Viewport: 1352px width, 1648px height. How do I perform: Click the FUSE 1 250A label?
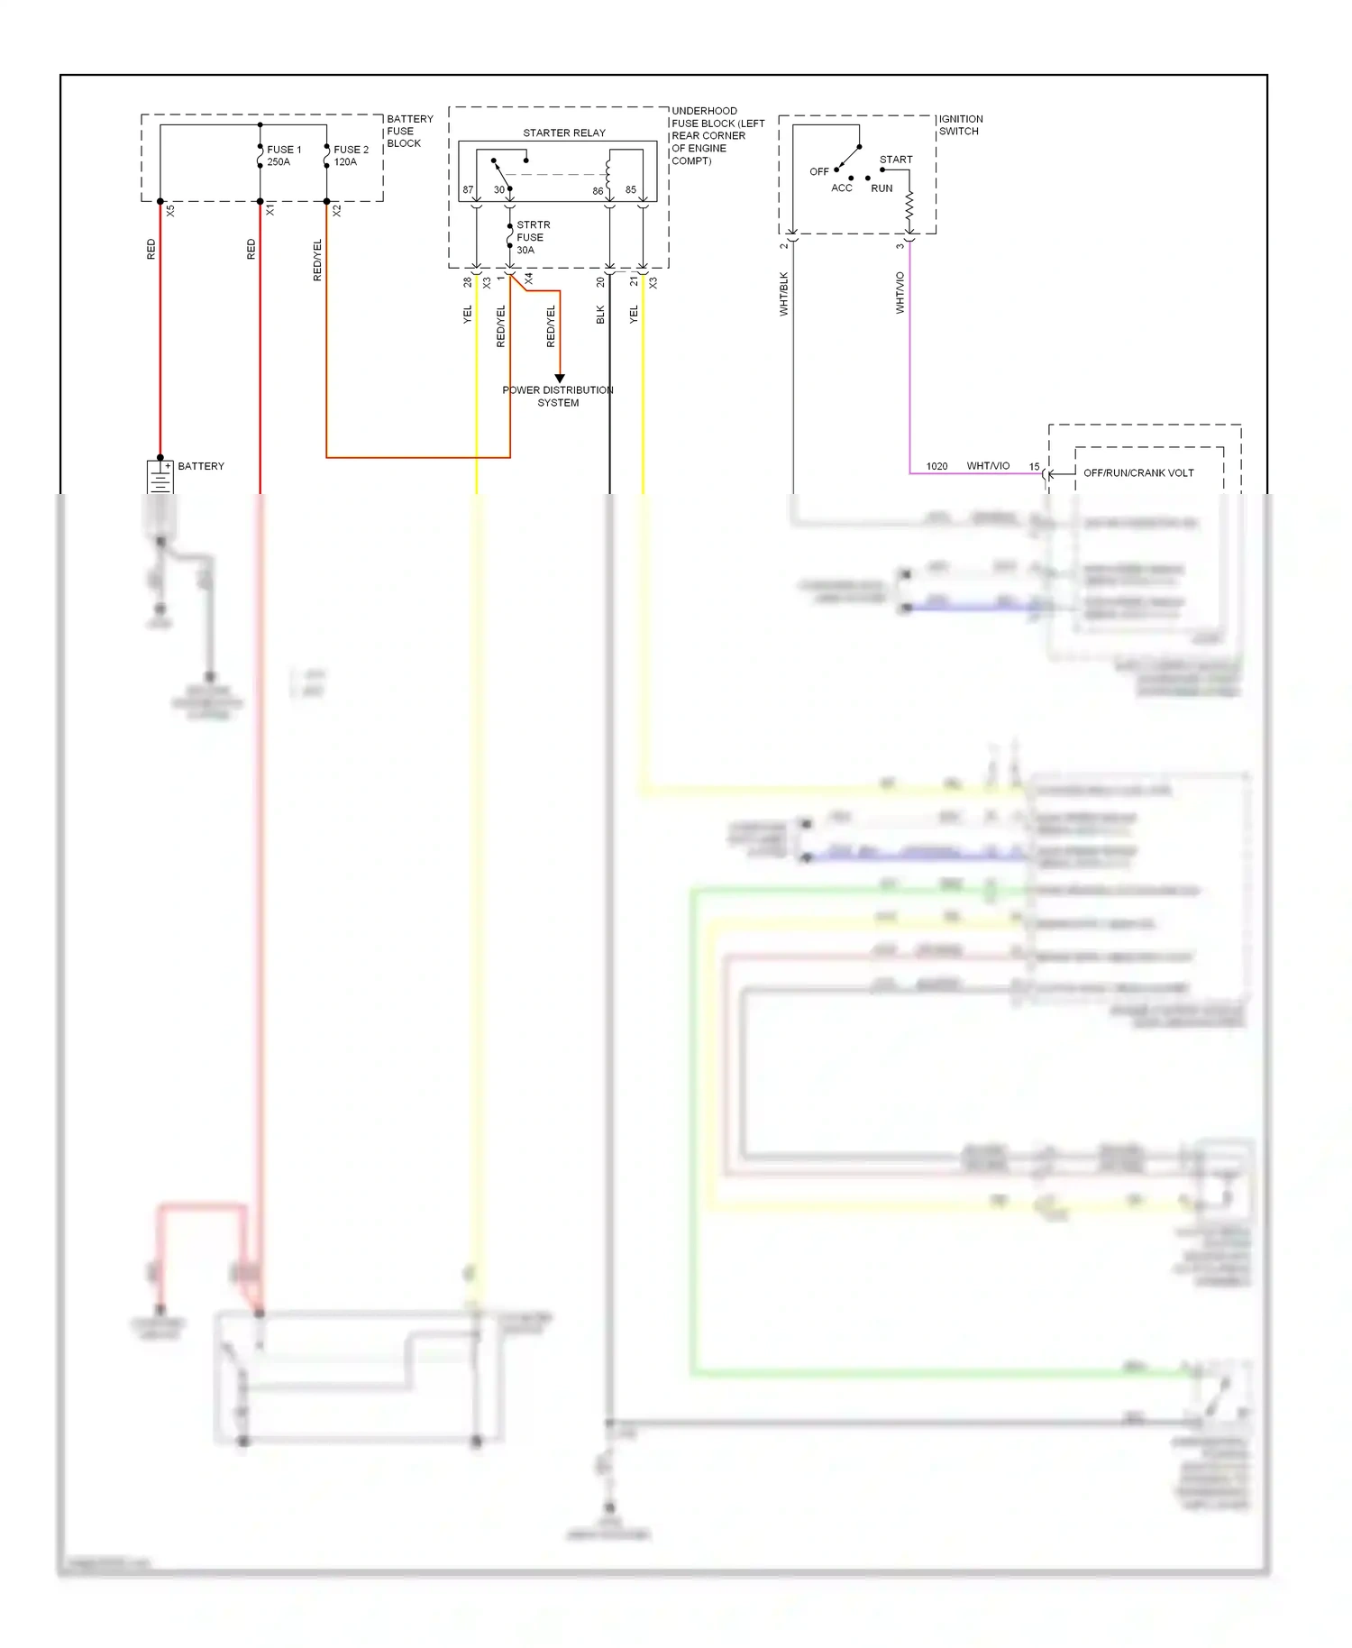point(283,156)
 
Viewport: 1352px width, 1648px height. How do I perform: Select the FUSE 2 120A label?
point(351,156)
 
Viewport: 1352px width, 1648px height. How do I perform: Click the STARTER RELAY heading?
point(564,133)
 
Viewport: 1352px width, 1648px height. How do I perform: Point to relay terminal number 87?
point(468,190)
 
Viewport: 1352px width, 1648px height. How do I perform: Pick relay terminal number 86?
point(598,191)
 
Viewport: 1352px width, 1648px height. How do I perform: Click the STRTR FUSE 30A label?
point(532,237)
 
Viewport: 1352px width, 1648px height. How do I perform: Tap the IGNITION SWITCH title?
point(960,124)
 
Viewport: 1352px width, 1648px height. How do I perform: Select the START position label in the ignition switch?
point(896,160)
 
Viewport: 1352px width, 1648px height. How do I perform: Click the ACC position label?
point(841,188)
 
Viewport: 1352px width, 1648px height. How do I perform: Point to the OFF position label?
point(818,171)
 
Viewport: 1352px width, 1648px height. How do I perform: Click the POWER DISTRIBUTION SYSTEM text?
point(558,396)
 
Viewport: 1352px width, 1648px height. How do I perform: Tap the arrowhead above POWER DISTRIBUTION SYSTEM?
point(559,378)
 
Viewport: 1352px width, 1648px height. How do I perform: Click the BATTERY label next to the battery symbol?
point(201,466)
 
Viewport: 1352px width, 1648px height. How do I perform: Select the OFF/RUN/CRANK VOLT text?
point(1137,472)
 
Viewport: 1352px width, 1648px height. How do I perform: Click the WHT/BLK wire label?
point(783,294)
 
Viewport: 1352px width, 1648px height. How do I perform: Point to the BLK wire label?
point(600,315)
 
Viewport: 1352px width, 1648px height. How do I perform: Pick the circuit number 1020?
point(936,466)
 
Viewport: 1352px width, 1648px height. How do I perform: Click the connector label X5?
point(170,210)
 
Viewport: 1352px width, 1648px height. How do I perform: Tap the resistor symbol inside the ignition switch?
point(909,206)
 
